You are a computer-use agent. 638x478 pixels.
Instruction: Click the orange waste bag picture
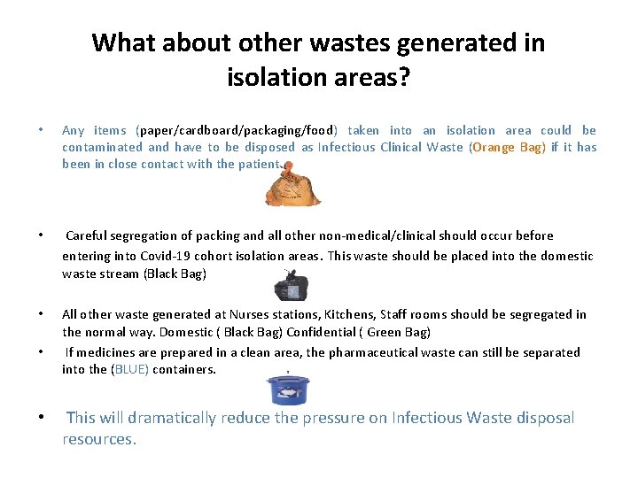pyautogui.click(x=281, y=187)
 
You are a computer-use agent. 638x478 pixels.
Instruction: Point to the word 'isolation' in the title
pyautogui.click(x=280, y=78)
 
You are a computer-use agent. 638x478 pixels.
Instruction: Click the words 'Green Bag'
pyautogui.click(x=398, y=332)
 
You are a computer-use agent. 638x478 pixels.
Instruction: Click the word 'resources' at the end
pyautogui.click(x=97, y=438)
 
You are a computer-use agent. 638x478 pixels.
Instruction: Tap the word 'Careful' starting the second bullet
pyautogui.click(x=88, y=235)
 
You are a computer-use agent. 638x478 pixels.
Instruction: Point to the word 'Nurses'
pyautogui.click(x=250, y=314)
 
